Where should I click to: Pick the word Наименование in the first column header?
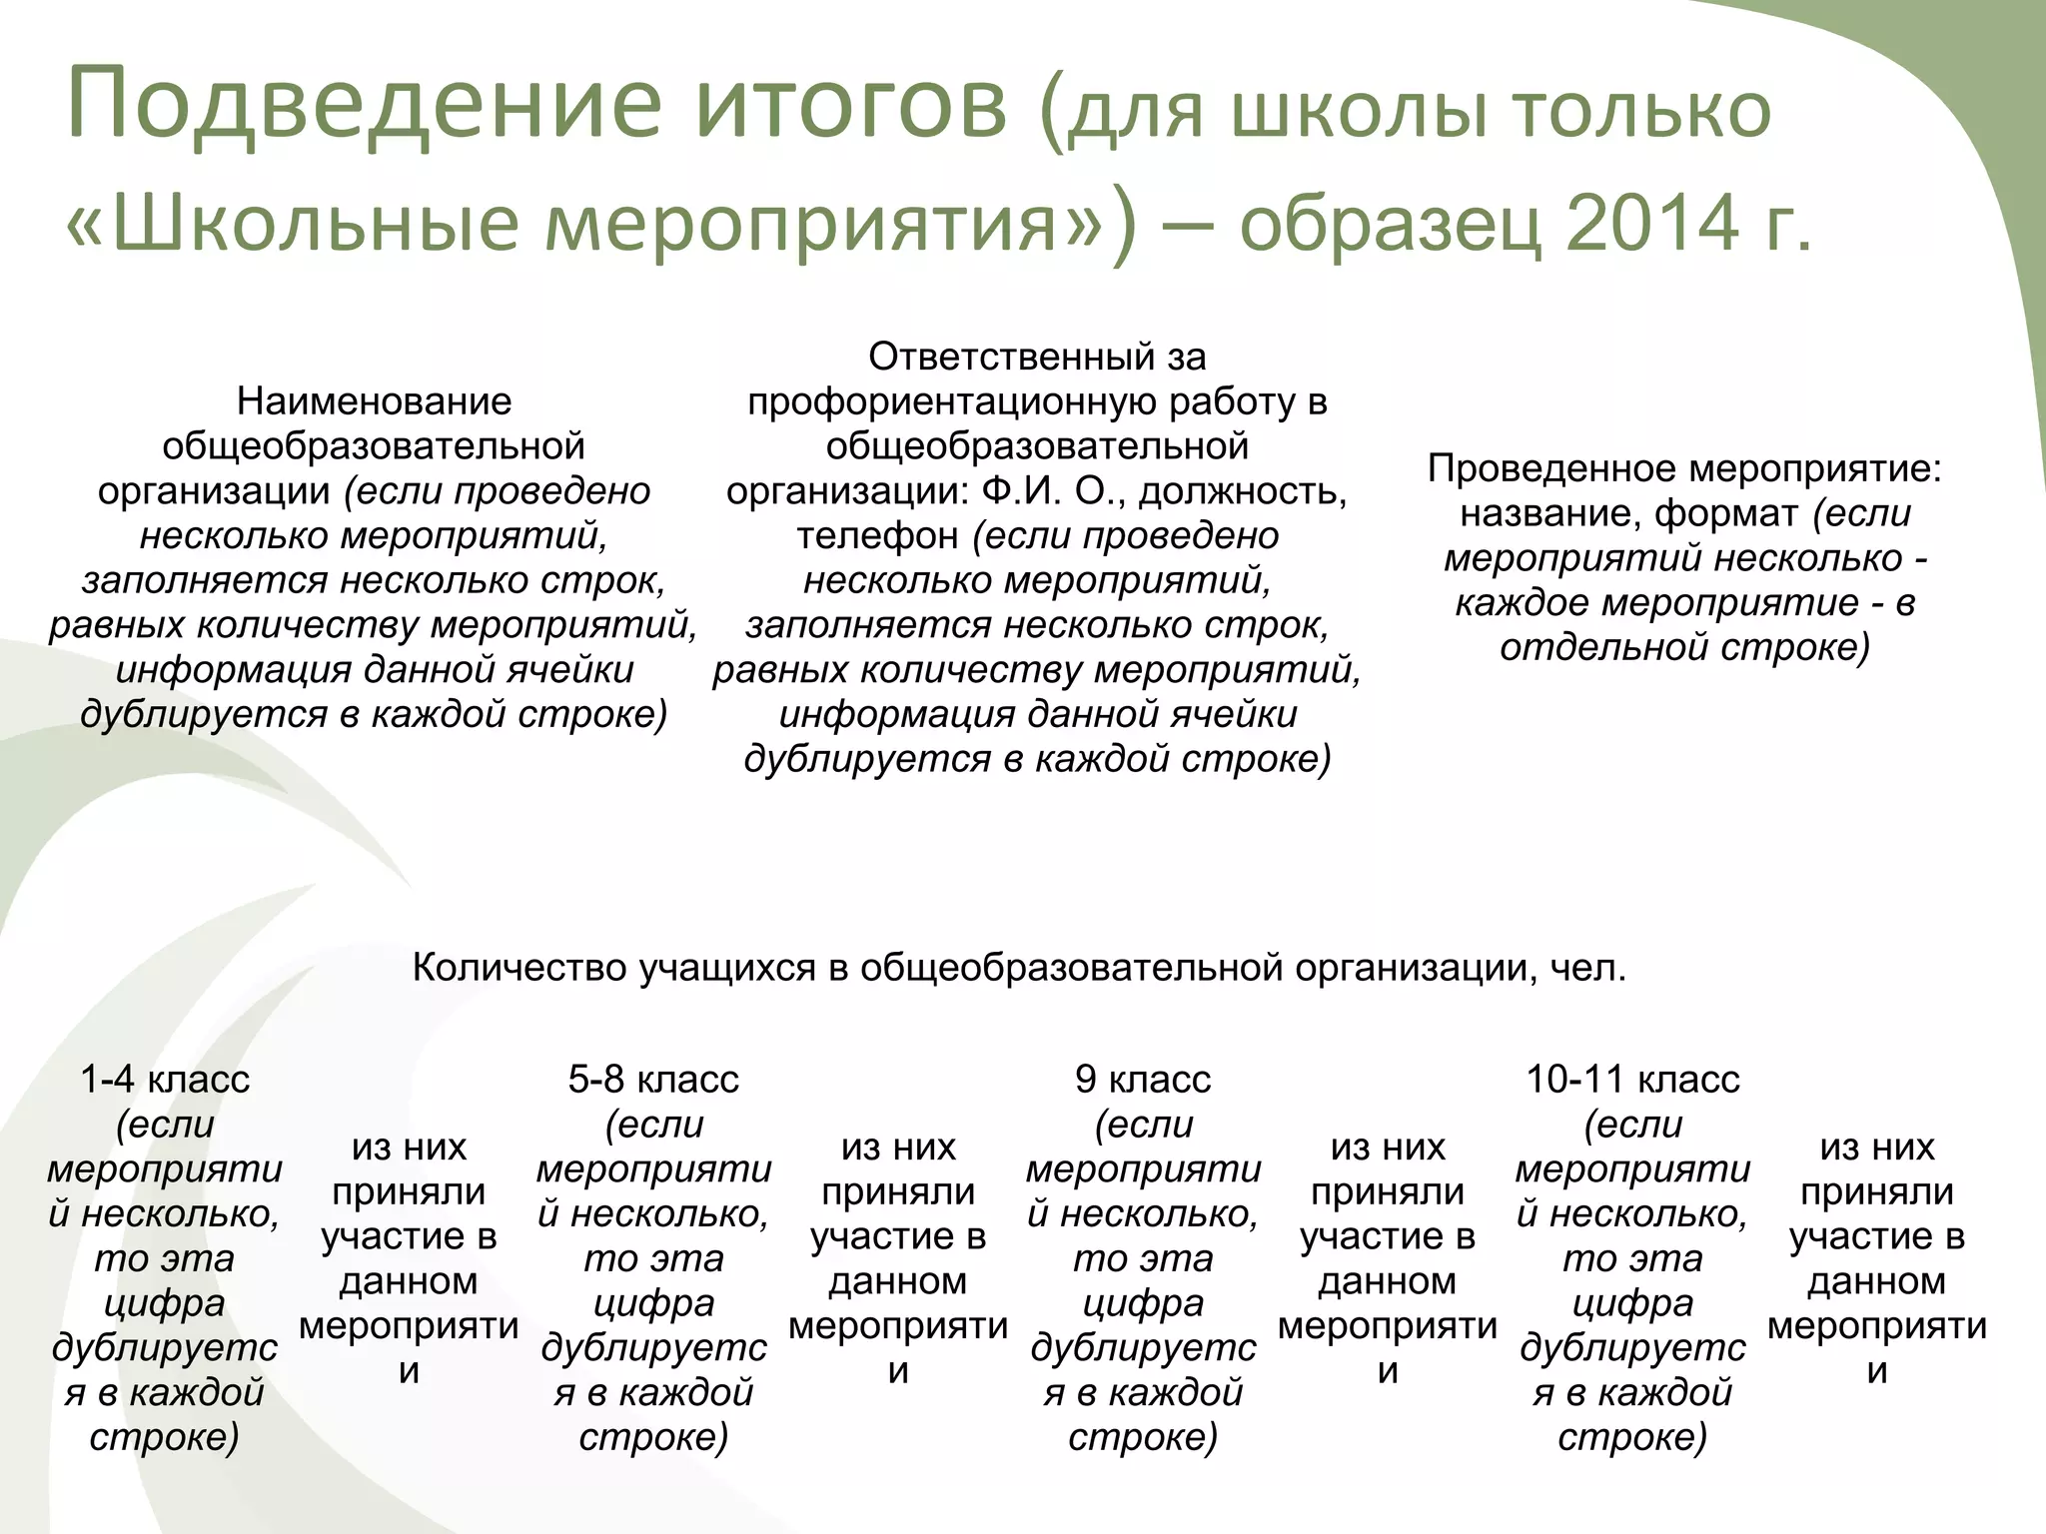pos(374,401)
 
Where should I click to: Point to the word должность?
pos(1243,491)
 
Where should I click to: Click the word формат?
pos(1727,513)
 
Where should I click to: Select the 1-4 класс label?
pos(165,1080)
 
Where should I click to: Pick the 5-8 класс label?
pos(653,1080)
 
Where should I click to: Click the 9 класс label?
pos(1143,1080)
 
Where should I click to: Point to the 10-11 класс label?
pos(1632,1080)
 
